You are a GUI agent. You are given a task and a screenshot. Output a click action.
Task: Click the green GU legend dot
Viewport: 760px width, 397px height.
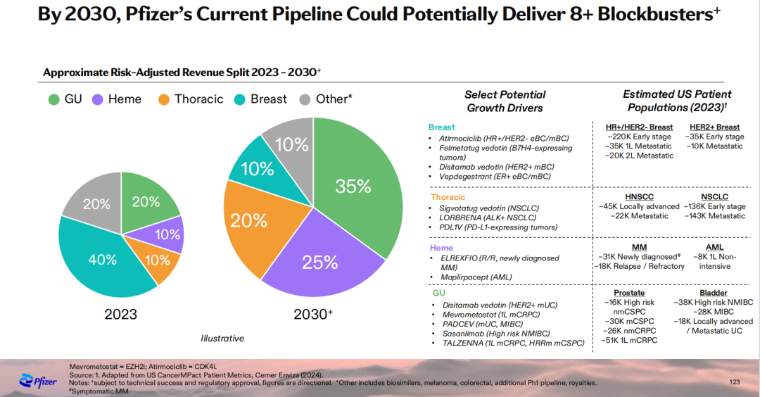(x=53, y=99)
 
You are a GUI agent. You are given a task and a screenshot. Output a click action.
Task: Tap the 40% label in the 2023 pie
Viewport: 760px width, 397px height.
(x=103, y=260)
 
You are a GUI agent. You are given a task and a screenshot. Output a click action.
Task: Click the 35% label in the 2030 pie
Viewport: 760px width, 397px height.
(x=353, y=186)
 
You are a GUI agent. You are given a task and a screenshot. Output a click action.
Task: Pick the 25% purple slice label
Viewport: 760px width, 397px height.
(x=320, y=263)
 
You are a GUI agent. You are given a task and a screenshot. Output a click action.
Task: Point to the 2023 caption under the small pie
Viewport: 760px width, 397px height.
(x=120, y=314)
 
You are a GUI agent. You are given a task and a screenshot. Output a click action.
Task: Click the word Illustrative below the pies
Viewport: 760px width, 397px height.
(x=222, y=339)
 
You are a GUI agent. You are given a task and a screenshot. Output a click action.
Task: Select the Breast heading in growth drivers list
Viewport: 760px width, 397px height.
(x=442, y=127)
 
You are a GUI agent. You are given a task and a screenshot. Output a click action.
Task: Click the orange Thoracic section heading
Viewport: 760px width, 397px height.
(x=448, y=197)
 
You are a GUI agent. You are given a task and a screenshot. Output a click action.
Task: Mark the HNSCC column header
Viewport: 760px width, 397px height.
(x=640, y=196)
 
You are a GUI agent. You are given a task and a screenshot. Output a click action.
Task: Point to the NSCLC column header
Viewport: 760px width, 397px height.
(x=714, y=196)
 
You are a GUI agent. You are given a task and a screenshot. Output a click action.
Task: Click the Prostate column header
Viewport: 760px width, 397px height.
(x=629, y=292)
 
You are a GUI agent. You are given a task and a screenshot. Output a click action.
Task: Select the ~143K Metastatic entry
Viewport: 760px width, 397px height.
(x=716, y=216)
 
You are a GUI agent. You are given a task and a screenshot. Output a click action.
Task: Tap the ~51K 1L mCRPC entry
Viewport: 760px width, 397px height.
(x=629, y=340)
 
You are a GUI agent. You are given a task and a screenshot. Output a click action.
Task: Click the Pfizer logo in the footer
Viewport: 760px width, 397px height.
(x=36, y=381)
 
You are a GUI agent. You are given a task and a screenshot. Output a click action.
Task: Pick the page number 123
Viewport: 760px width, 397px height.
(x=735, y=382)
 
